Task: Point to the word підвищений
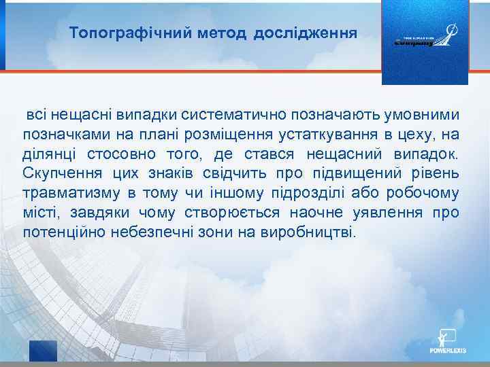pyautogui.click(x=353, y=173)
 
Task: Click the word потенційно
pyautogui.click(x=65, y=232)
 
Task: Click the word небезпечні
pyautogui.click(x=154, y=232)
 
